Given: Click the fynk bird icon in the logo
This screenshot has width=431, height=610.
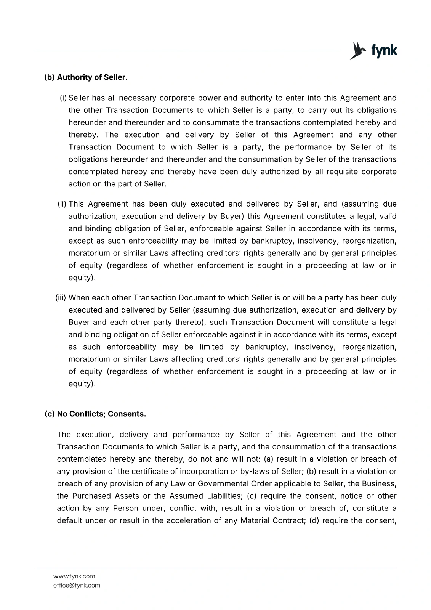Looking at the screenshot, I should click(357, 50).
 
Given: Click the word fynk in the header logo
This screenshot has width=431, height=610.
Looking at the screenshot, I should click(383, 50).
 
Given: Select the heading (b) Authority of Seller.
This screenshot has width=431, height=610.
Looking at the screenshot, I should click(86, 77).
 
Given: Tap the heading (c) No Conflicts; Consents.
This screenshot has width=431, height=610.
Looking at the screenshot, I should click(95, 414).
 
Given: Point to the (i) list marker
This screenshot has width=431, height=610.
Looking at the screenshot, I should click(63, 98).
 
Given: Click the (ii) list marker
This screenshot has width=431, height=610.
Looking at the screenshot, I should click(62, 204).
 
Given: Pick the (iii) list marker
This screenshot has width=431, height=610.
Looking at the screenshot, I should click(61, 298).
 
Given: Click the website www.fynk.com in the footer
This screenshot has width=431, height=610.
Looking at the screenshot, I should click(74, 576).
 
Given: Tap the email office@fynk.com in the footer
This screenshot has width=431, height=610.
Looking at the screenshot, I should click(77, 585).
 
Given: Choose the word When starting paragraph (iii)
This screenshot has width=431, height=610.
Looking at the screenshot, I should click(79, 298).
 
